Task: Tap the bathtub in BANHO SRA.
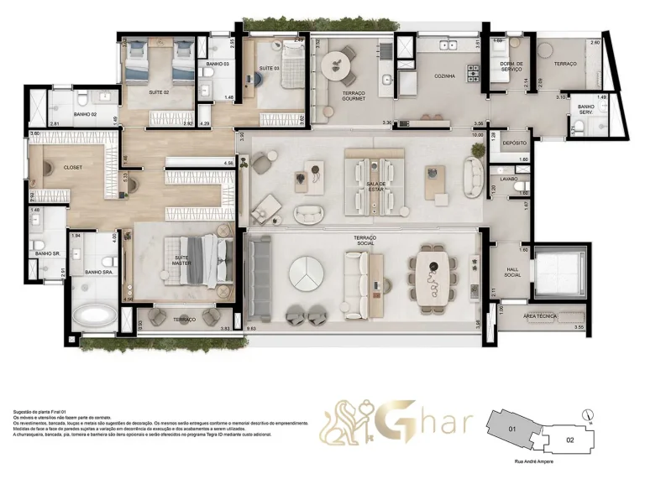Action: [x=94, y=316]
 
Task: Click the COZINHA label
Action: [x=445, y=76]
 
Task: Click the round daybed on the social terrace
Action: [x=306, y=273]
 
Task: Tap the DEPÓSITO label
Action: [x=514, y=143]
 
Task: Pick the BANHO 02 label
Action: [x=86, y=114]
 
